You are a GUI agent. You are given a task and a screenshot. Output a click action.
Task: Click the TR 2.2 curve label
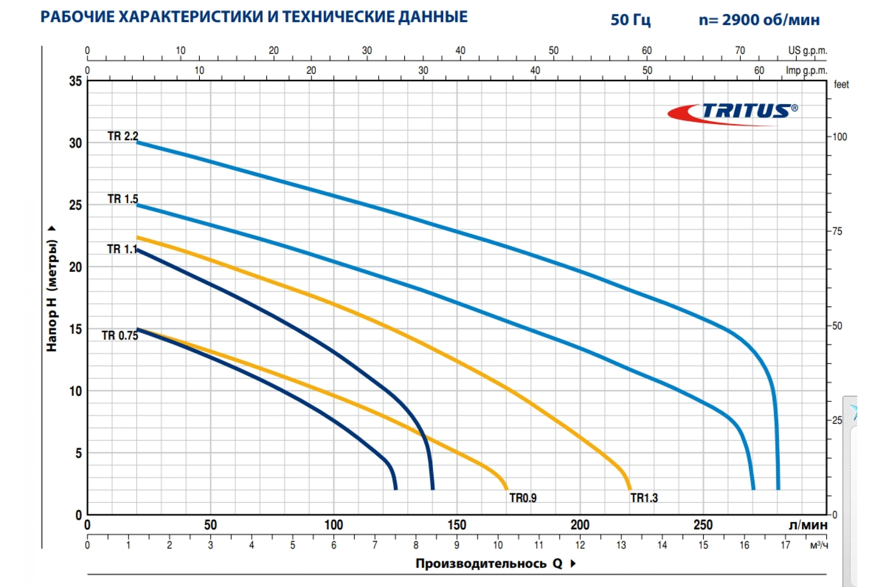pyautogui.click(x=123, y=136)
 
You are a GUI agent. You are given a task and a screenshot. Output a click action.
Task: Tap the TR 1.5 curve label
pyautogui.click(x=123, y=199)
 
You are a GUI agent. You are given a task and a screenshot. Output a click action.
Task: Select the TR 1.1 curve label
pyautogui.click(x=122, y=249)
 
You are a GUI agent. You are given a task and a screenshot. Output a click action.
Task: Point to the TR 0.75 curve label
pyautogui.click(x=120, y=335)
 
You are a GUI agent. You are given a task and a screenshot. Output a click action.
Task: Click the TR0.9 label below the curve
pyautogui.click(x=523, y=498)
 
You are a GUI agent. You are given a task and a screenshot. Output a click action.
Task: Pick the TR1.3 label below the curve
pyautogui.click(x=644, y=498)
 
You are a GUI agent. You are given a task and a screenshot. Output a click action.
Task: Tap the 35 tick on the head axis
pyautogui.click(x=75, y=81)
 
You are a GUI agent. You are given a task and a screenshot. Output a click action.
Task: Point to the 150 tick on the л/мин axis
pyautogui.click(x=457, y=525)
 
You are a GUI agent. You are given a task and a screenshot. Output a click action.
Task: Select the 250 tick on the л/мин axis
pyautogui.click(x=703, y=525)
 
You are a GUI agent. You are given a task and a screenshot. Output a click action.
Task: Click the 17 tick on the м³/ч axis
pyautogui.click(x=785, y=546)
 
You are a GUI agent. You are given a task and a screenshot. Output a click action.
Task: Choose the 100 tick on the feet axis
pyautogui.click(x=839, y=137)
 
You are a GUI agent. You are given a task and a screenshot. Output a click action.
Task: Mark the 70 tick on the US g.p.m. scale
pyautogui.click(x=740, y=51)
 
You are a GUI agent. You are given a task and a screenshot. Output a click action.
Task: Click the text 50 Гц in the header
pyautogui.click(x=630, y=19)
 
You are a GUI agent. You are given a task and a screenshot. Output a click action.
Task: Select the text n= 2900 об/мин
pyautogui.click(x=759, y=19)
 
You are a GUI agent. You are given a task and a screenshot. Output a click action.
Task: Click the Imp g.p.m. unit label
pyautogui.click(x=806, y=70)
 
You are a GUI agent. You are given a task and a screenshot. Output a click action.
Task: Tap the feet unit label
pyautogui.click(x=841, y=85)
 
